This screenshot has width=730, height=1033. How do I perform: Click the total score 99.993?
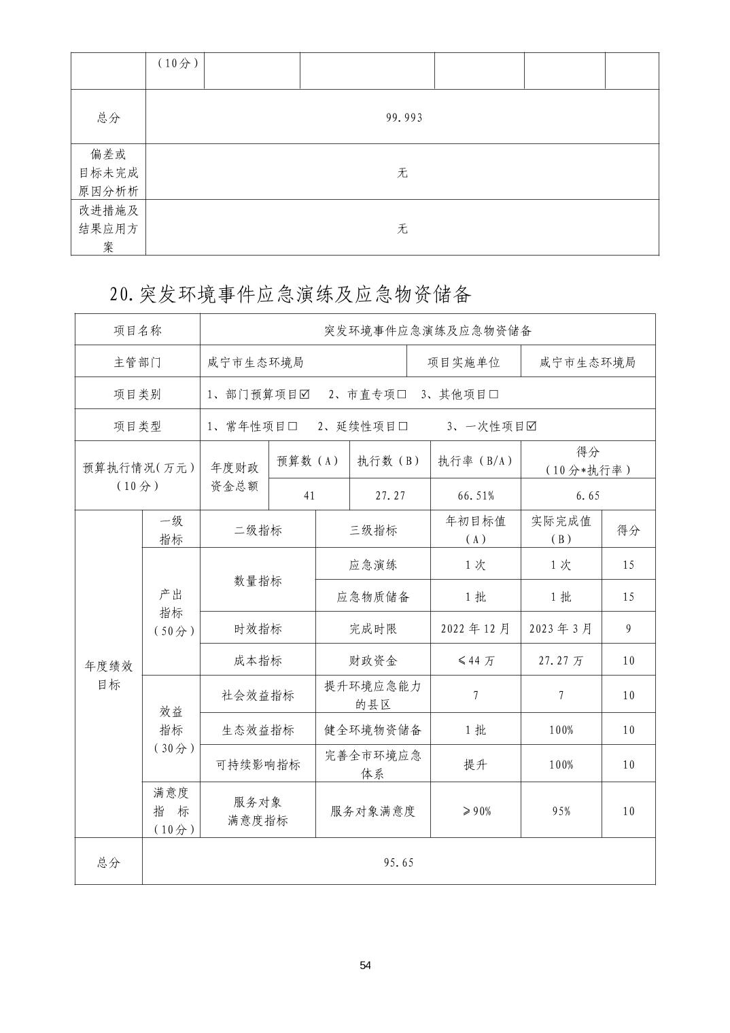[404, 118]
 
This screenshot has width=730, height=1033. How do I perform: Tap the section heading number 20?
[122, 294]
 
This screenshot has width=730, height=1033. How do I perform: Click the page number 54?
[366, 966]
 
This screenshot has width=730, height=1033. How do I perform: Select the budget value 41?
[309, 495]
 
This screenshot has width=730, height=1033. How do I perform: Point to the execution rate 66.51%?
[475, 495]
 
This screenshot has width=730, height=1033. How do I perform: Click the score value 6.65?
[587, 495]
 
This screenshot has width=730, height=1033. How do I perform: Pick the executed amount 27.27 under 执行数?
[390, 495]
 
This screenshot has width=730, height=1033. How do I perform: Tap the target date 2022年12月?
[475, 629]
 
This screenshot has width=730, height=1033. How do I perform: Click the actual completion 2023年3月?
[561, 629]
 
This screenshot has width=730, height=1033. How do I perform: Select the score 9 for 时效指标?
[628, 629]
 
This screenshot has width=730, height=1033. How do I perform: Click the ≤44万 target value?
[475, 661]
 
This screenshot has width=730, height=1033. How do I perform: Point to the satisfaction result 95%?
[561, 811]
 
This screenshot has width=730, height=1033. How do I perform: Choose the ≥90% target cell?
[475, 811]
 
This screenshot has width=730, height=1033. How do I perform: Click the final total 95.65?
[398, 862]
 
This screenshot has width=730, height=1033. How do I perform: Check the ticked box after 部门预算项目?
[304, 395]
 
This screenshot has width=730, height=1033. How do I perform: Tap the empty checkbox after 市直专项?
[401, 395]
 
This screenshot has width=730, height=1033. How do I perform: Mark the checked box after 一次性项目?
[532, 427]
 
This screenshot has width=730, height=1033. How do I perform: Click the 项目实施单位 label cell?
[464, 362]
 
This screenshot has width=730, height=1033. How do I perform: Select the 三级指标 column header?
[373, 530]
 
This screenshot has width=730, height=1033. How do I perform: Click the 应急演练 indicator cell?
[373, 565]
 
